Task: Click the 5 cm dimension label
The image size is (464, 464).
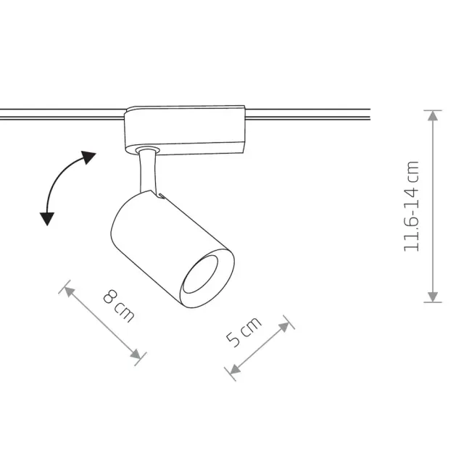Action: click(x=244, y=332)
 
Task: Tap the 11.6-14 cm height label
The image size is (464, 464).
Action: click(x=411, y=207)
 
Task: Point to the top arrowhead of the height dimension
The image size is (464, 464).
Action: click(x=433, y=116)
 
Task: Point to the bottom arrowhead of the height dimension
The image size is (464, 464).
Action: click(x=433, y=297)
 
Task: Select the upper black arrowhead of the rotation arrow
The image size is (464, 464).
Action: click(x=88, y=157)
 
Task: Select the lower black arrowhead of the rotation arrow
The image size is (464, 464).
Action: click(x=47, y=219)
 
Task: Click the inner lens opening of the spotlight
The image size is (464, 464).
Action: click(x=200, y=275)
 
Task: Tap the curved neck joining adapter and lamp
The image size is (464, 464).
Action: click(x=147, y=171)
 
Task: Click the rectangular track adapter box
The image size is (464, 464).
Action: click(x=185, y=130)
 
